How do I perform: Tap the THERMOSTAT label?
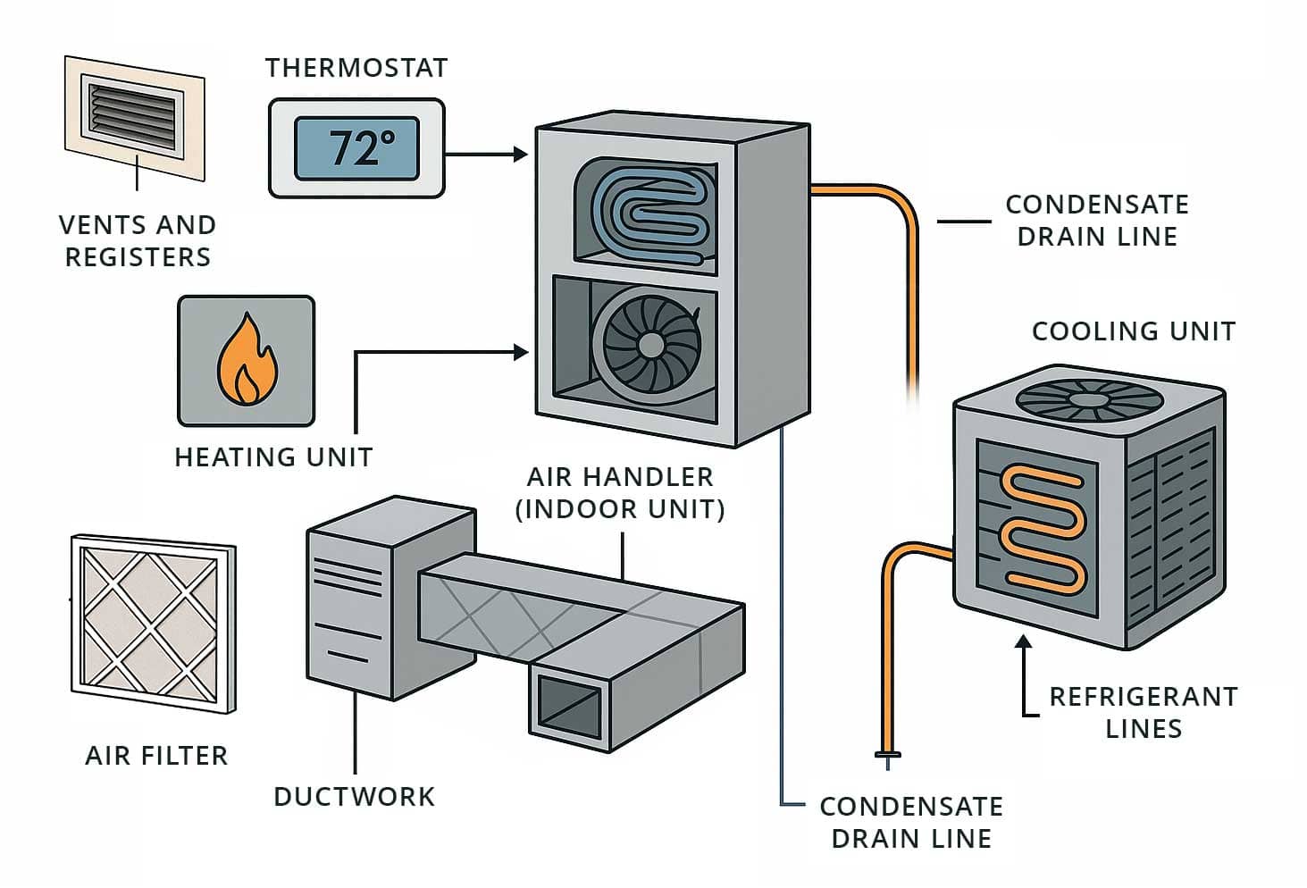[356, 68]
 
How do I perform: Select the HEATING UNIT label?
[273, 457]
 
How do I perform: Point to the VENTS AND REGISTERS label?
[138, 241]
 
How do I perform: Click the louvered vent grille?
[134, 111]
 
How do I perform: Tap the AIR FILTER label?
[156, 756]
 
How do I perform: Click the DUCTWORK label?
[354, 797]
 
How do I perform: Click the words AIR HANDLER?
[620, 477]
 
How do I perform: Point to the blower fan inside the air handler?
[651, 345]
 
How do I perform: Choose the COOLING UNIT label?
[1133, 331]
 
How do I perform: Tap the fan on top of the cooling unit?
[1086, 399]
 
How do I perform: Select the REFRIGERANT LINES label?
[1144, 712]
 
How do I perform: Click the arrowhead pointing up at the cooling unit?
[1024, 641]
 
